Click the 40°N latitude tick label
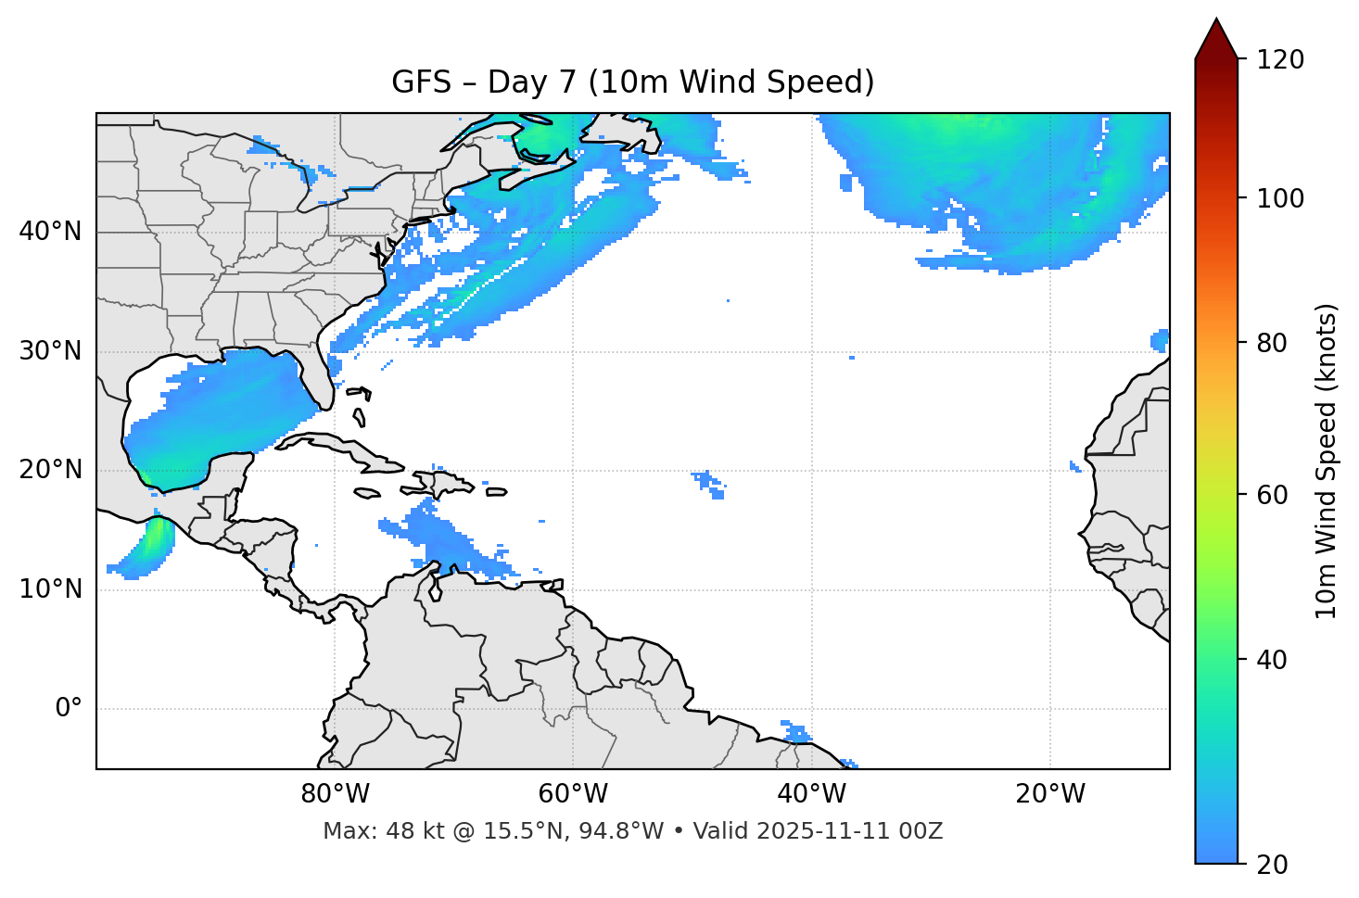(50, 232)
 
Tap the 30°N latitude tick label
(50, 351)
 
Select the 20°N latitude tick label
(50, 470)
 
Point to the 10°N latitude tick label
(50, 589)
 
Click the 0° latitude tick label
(69, 709)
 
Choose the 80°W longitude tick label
(335, 794)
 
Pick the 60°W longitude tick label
(573, 794)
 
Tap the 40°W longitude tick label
(811, 794)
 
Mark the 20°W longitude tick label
(1050, 794)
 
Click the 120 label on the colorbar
(1279, 60)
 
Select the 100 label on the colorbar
(1279, 198)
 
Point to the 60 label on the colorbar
(1272, 495)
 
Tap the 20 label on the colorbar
(1272, 865)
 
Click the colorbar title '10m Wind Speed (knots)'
(1327, 461)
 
